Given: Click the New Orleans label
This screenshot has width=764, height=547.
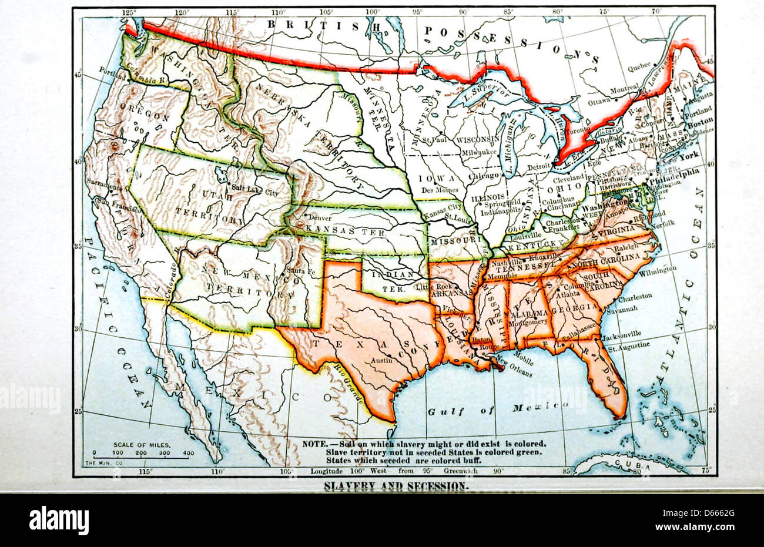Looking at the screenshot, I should pos(515,373).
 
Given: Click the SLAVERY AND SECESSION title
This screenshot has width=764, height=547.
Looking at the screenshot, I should pos(397,486).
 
